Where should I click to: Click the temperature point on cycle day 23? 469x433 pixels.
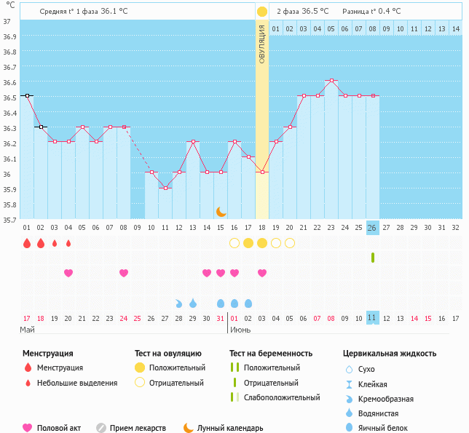tap(331, 80)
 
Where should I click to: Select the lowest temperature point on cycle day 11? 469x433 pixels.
tap(165, 188)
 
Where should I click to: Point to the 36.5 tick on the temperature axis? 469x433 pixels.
tap(10, 97)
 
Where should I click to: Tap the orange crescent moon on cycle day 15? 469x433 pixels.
tap(221, 211)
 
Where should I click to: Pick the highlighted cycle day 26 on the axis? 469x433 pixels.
tap(372, 228)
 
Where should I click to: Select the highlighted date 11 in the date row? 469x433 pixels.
tap(372, 318)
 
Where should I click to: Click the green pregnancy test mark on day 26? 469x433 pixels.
tap(372, 258)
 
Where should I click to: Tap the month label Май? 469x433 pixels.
tap(27, 330)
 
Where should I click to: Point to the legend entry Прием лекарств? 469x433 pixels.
tap(138, 428)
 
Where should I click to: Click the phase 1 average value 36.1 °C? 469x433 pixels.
tap(119, 12)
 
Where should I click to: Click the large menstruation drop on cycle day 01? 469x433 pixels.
tap(27, 243)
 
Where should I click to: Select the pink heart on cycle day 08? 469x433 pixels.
tap(124, 273)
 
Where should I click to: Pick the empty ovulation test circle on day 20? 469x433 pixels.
tap(289, 243)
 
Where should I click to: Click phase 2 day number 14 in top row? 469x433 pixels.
tap(455, 29)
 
